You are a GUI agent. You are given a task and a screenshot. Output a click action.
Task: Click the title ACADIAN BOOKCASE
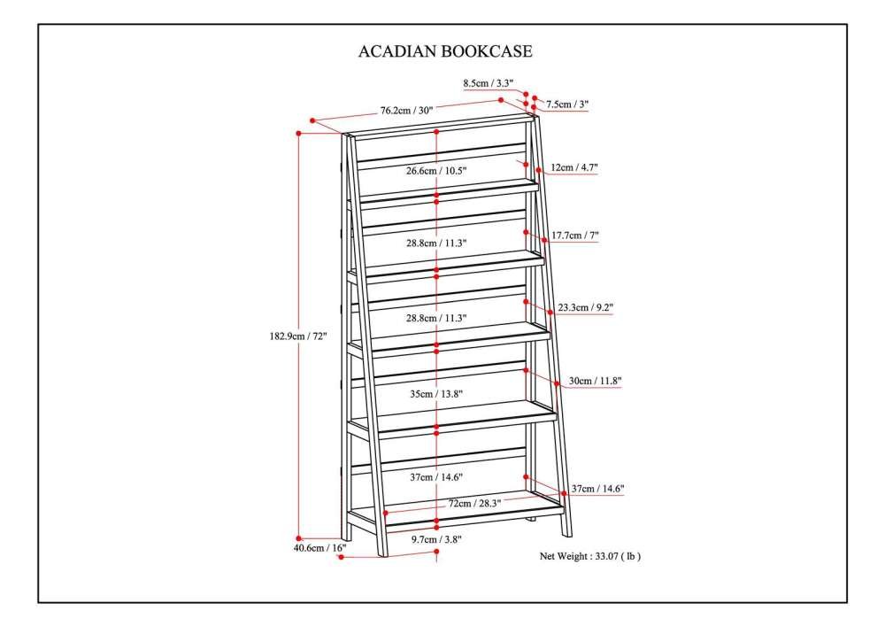coord(445,51)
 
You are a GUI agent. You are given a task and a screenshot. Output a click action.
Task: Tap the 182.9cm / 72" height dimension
coord(298,336)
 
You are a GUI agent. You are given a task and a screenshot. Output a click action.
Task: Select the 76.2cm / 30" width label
coord(406,111)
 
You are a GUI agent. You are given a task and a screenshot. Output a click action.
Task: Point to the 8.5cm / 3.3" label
coord(489,83)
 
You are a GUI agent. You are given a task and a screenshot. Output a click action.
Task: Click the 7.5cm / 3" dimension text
coord(566,104)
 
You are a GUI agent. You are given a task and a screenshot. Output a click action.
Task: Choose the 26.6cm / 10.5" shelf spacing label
coord(436,171)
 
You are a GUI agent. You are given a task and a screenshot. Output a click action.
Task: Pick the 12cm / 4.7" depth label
coord(574,167)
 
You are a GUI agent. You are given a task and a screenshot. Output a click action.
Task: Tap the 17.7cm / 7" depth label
coord(575,236)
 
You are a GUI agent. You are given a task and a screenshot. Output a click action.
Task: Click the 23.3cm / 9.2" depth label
coord(585,307)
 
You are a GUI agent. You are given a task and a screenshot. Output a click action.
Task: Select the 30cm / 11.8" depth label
coord(595,381)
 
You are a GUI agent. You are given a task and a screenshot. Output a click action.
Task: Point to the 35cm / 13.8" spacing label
coord(436,394)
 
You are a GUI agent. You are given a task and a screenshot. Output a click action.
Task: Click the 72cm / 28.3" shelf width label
coord(474,504)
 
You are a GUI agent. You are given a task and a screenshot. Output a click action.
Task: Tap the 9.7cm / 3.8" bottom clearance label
coord(436,539)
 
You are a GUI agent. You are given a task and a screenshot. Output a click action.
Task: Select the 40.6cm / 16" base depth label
coord(319,547)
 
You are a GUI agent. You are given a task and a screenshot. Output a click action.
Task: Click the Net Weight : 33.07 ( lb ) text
coord(589,556)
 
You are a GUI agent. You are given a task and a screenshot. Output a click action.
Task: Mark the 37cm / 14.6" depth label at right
coord(597,489)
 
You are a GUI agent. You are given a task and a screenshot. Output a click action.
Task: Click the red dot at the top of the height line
coord(298,134)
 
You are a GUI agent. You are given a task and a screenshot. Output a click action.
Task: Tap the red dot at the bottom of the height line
coord(298,538)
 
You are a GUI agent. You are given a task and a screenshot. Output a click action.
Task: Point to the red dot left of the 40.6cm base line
coord(341,557)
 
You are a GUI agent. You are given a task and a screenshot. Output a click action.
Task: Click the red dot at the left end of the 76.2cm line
coord(312,120)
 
